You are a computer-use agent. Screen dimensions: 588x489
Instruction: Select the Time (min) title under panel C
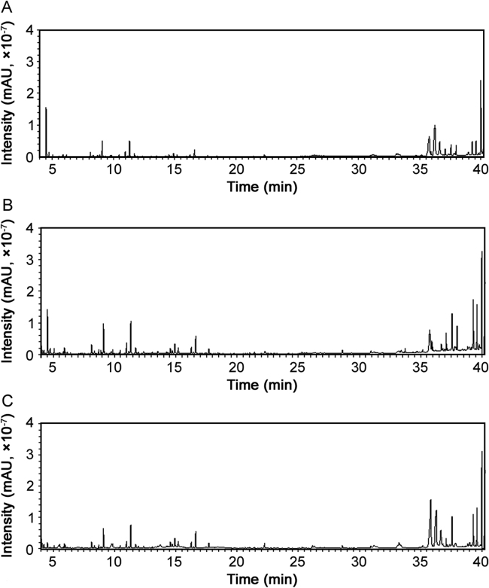pos(261,580)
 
